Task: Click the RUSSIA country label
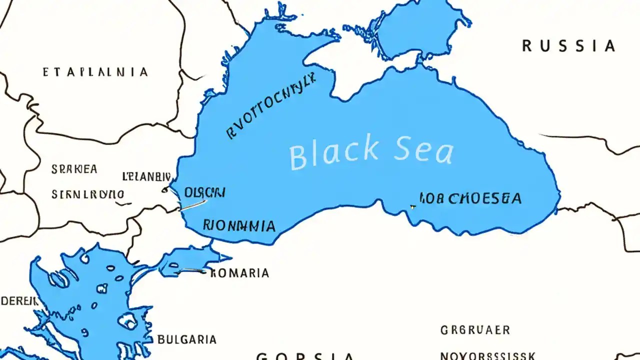[568, 46]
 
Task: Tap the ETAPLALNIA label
[95, 72]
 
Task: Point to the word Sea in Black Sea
[423, 150]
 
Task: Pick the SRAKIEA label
[74, 169]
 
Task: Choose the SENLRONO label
[87, 194]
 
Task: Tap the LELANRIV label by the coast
[146, 176]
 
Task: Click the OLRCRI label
[204, 192]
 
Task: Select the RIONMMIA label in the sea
[239, 225]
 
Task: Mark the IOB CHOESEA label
[470, 198]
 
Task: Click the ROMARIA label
[239, 273]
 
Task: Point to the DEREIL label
[19, 301]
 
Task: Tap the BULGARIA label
[187, 339]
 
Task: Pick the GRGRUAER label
[475, 330]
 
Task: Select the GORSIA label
[305, 356]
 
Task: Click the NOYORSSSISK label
[487, 356]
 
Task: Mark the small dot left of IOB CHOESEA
[412, 206]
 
